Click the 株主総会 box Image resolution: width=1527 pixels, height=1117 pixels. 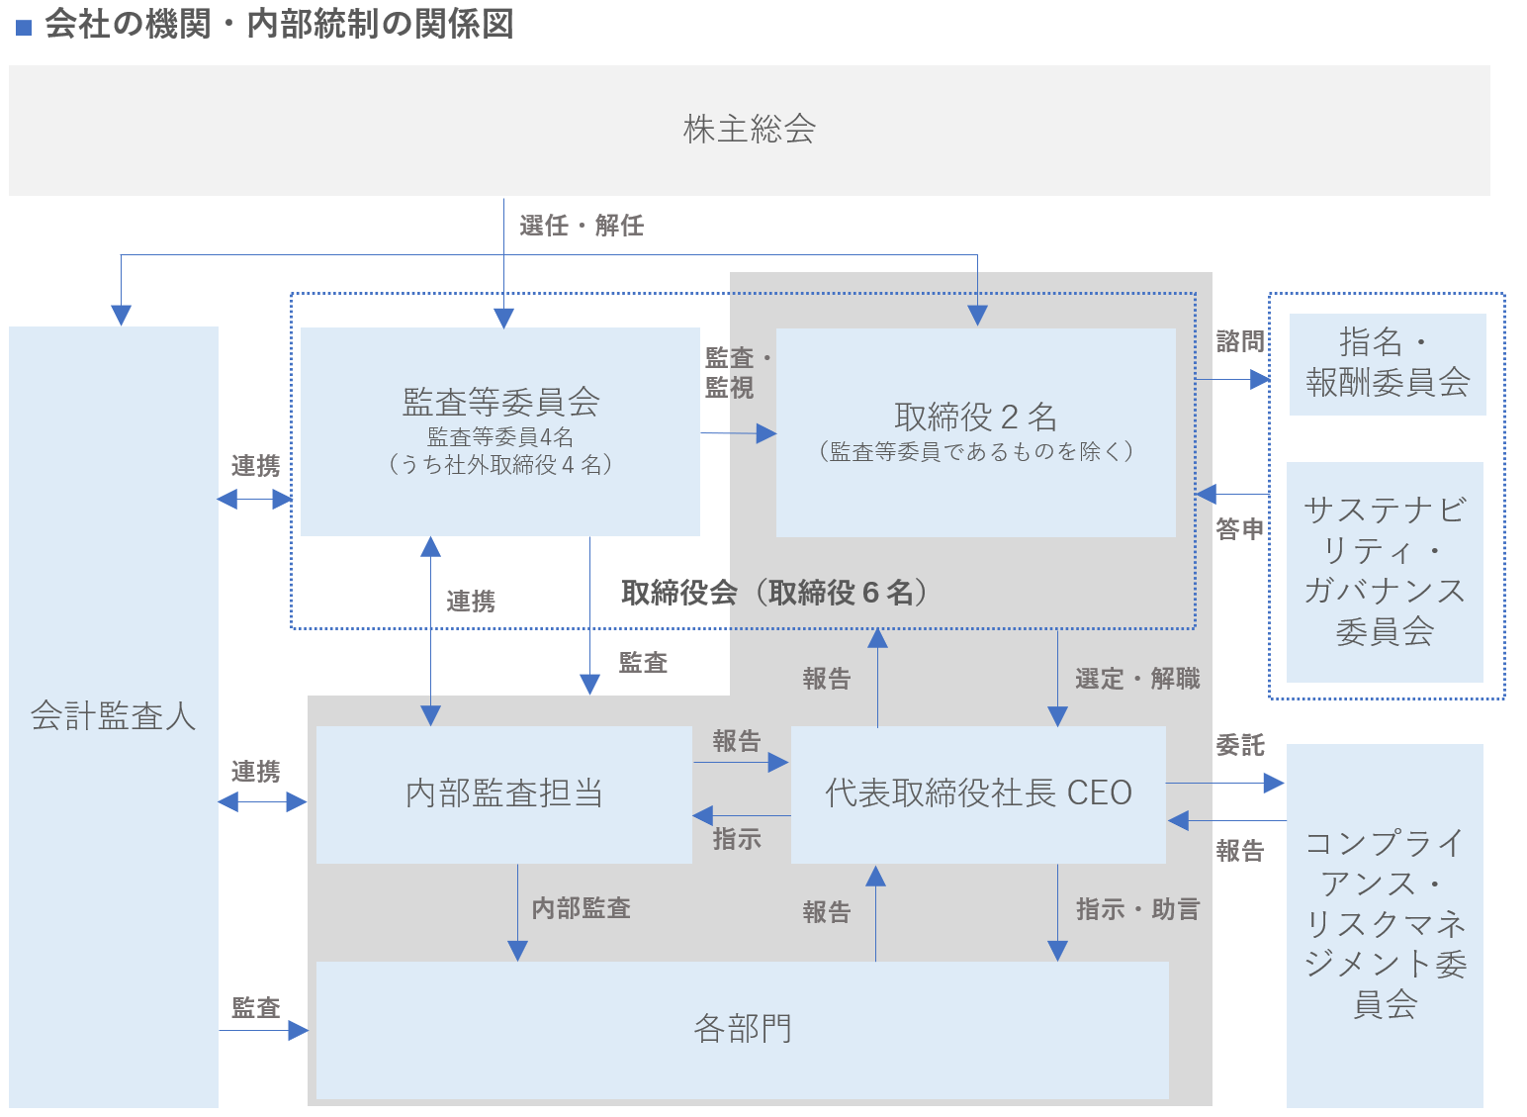pyautogui.click(x=749, y=130)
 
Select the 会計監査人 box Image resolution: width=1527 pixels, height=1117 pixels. pyautogui.click(x=113, y=715)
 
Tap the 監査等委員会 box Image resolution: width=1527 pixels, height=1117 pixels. pyautogui.click(x=499, y=431)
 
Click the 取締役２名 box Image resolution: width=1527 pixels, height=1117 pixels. pyautogui.click(x=975, y=432)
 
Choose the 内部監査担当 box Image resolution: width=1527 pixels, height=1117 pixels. pyautogui.click(x=503, y=793)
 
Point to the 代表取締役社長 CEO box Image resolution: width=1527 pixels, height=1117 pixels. pyautogui.click(x=978, y=793)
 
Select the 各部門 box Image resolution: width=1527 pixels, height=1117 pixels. pyautogui.click(x=742, y=1029)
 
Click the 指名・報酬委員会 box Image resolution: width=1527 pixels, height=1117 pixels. pyautogui.click(x=1387, y=363)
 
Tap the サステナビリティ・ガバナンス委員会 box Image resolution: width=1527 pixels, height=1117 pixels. pyautogui.click(x=1384, y=571)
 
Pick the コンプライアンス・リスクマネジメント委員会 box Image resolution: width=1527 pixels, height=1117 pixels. pyautogui.click(x=1384, y=924)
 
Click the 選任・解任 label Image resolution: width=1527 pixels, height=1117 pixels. pyautogui.click(x=582, y=226)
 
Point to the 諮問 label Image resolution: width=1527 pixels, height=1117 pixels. pyautogui.click(x=1239, y=341)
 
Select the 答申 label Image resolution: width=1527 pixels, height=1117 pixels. pyautogui.click(x=1239, y=529)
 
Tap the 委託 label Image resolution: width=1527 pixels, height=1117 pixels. pyautogui.click(x=1239, y=745)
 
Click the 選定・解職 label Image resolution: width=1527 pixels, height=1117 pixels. pyautogui.click(x=1137, y=679)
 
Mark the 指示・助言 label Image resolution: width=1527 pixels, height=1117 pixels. pyautogui.click(x=1137, y=909)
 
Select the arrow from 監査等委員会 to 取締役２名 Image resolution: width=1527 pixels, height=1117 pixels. pyautogui.click(x=738, y=433)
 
